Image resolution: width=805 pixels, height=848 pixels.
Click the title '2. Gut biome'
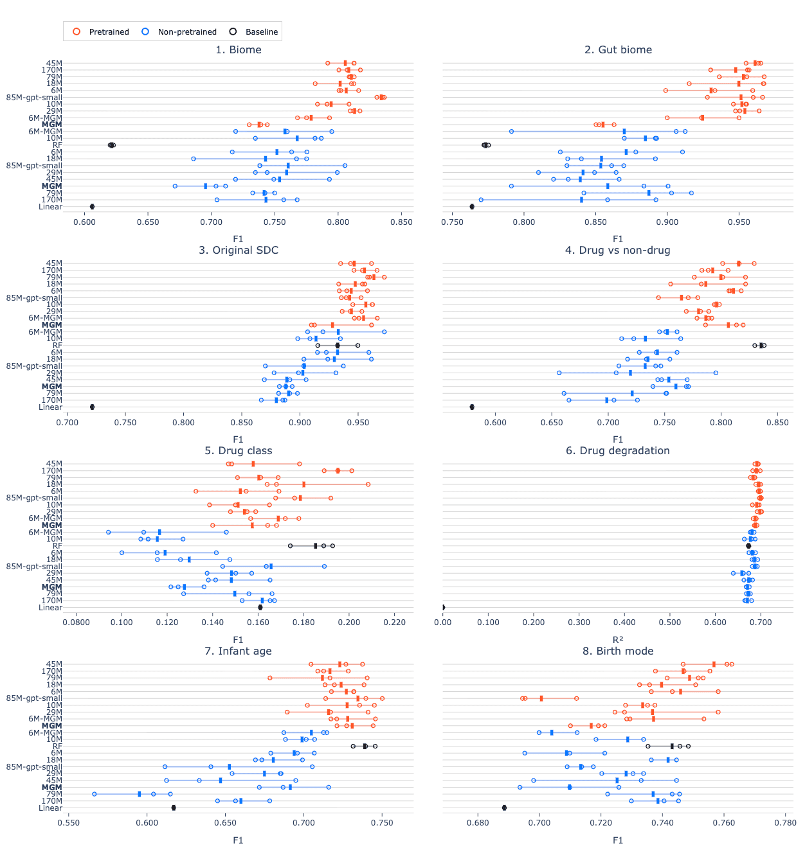coord(618,50)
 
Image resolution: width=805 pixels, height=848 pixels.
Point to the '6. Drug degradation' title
coord(618,451)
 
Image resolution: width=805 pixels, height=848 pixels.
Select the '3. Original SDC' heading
coord(239,251)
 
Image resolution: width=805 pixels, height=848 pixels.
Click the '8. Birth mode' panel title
coord(618,651)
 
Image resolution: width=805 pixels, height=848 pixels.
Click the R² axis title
coord(618,640)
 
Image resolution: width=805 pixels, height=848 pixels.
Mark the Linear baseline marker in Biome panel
coord(92,207)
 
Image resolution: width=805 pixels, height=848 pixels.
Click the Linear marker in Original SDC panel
coord(92,407)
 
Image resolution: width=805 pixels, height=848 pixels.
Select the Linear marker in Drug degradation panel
coord(443,608)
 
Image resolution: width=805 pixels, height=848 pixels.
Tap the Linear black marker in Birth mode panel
coord(504,808)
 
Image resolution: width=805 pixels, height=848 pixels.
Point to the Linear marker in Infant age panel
coord(174,808)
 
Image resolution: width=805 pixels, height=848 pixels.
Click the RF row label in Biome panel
coord(57,145)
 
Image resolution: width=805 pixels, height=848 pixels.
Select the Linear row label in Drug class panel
coord(50,608)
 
